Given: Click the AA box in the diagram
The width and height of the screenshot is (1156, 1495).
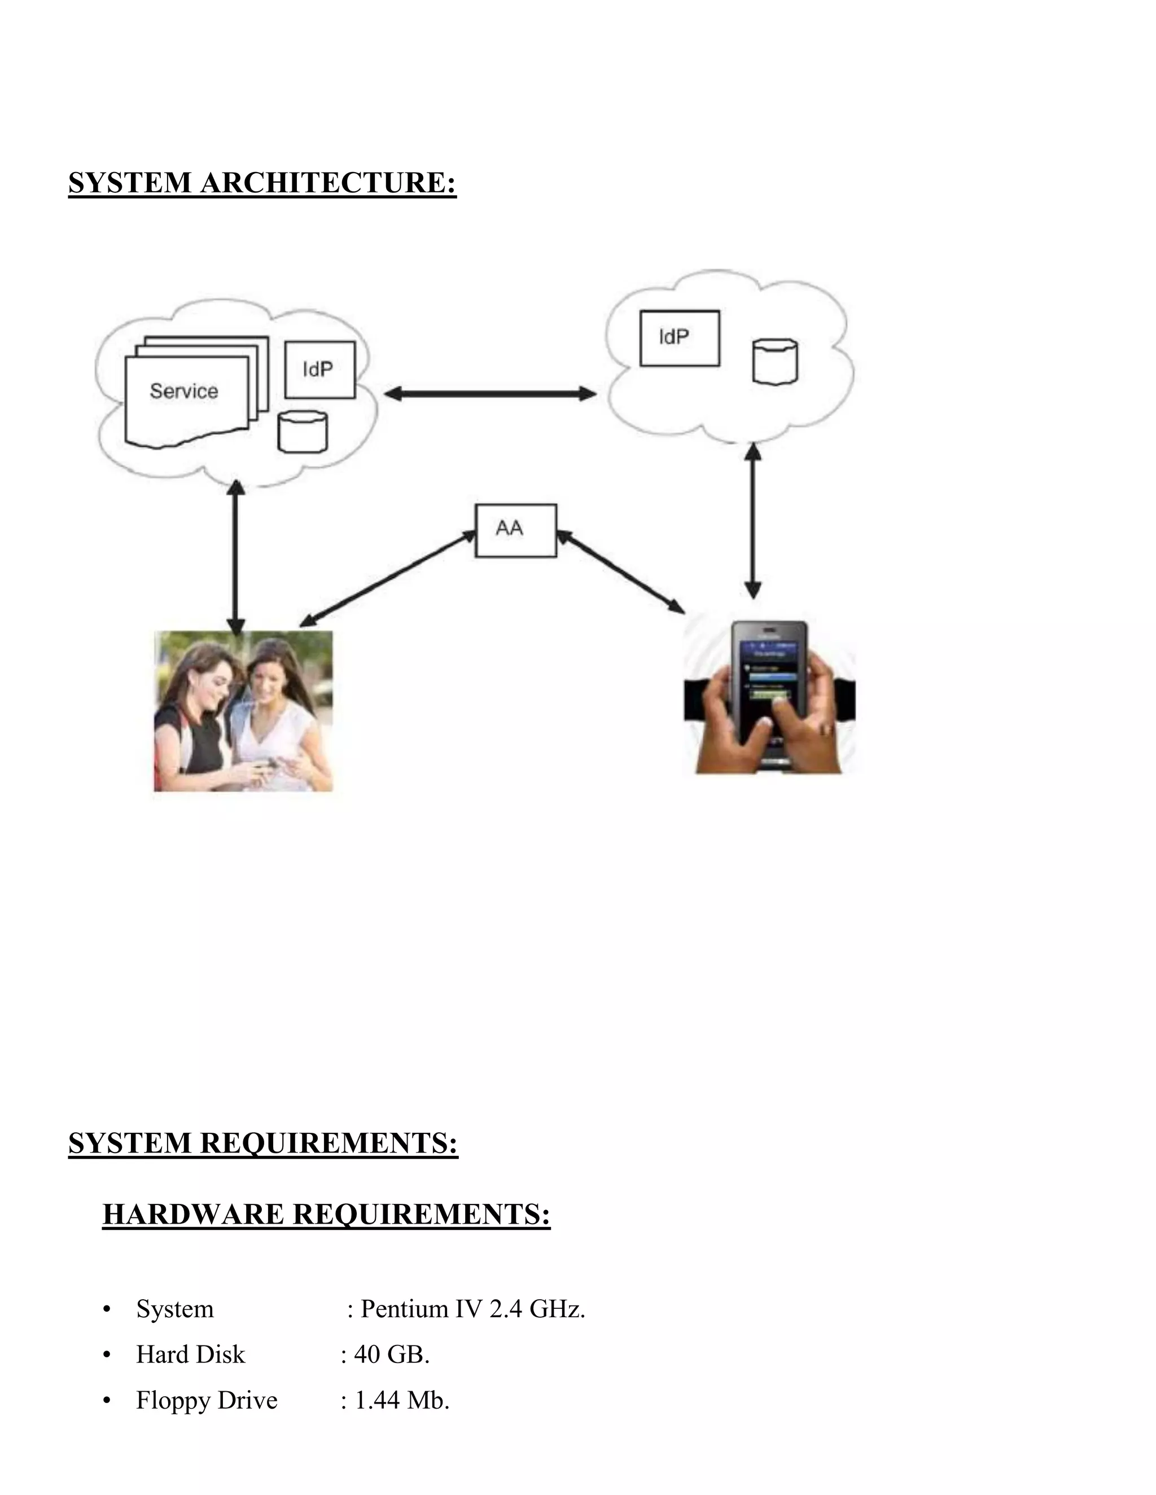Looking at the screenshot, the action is pyautogui.click(x=515, y=530).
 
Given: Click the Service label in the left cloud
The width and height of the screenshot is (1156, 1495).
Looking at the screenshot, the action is pyautogui.click(x=183, y=391).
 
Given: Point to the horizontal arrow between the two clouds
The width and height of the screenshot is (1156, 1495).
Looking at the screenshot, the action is pyautogui.click(x=489, y=394).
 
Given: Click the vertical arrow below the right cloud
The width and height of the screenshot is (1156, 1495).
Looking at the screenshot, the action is pyautogui.click(x=752, y=520).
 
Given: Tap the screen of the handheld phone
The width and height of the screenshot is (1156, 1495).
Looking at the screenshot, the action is pyautogui.click(x=768, y=678).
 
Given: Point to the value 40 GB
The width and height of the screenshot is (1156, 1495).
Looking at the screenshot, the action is pyautogui.click(x=391, y=1354).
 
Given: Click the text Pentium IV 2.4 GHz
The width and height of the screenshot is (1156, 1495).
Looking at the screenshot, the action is pyautogui.click(x=472, y=1308).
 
